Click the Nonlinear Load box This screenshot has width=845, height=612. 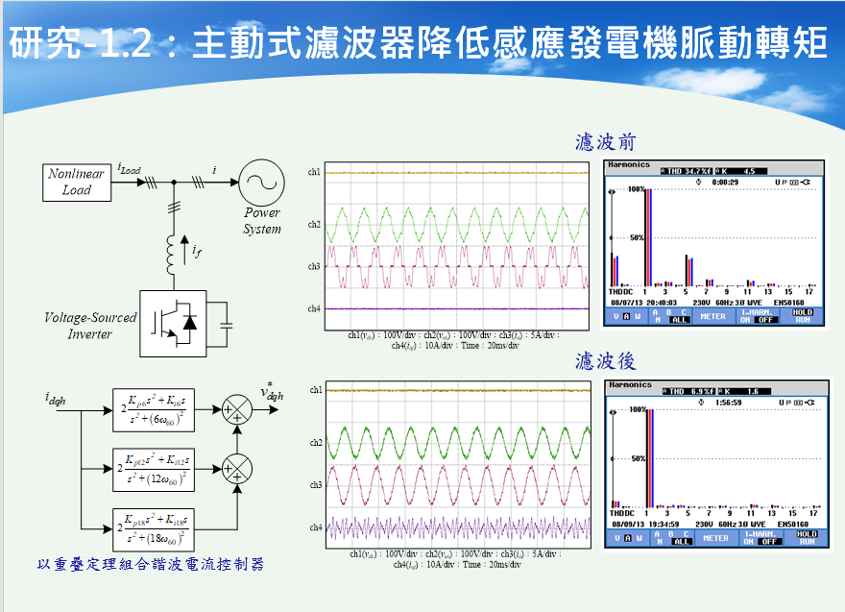pyautogui.click(x=77, y=181)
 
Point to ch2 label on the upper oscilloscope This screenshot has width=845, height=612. pyautogui.click(x=314, y=225)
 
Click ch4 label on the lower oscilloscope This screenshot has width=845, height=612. pyautogui.click(x=314, y=527)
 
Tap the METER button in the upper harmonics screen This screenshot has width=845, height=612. pyautogui.click(x=712, y=315)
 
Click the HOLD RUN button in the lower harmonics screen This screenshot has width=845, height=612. pyautogui.click(x=805, y=537)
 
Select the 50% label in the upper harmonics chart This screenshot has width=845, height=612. pyautogui.click(x=636, y=237)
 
